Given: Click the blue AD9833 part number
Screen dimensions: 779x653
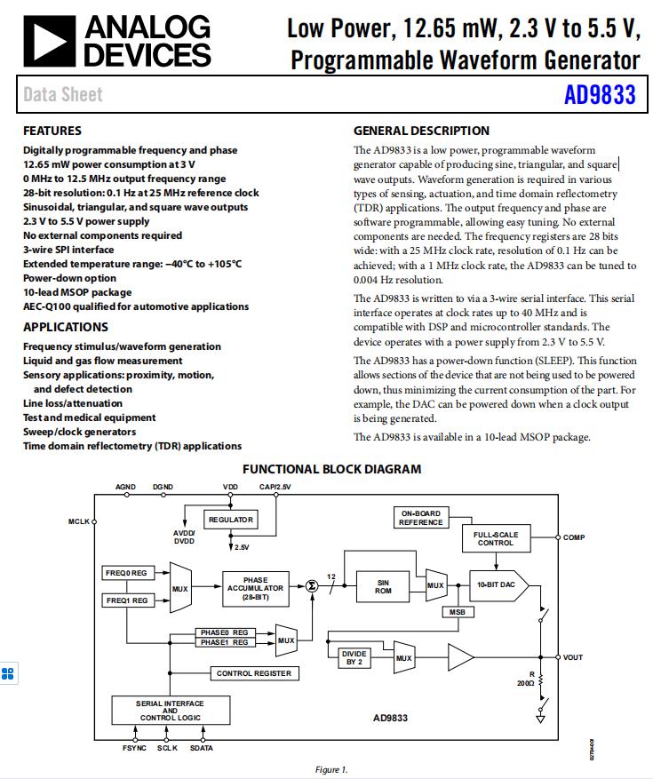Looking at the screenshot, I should [x=600, y=95].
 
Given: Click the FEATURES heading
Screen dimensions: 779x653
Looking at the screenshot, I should [x=52, y=131].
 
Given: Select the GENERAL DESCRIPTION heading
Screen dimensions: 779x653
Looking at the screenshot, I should [x=421, y=131].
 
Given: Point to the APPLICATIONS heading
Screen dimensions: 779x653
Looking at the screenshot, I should [x=65, y=327].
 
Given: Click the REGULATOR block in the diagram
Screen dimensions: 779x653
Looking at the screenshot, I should [x=231, y=520].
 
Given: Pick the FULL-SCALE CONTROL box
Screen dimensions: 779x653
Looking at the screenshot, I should [x=495, y=537].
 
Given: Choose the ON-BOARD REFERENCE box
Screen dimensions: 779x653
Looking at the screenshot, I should [x=420, y=518].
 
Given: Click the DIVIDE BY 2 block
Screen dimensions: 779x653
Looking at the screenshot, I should [x=354, y=657].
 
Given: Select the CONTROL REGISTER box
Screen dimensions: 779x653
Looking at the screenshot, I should [x=253, y=673].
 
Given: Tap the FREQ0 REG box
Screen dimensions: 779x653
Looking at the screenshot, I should [x=126, y=573].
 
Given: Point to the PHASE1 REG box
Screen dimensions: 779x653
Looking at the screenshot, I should [x=223, y=641].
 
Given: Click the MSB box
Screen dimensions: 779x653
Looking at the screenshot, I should [x=457, y=611].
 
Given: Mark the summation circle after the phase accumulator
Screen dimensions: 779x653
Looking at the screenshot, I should [x=312, y=585].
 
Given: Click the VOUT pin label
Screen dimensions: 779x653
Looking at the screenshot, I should [x=573, y=657].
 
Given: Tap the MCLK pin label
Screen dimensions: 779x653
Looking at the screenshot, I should [x=79, y=521].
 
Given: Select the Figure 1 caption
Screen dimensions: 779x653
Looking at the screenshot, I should [x=331, y=769].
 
